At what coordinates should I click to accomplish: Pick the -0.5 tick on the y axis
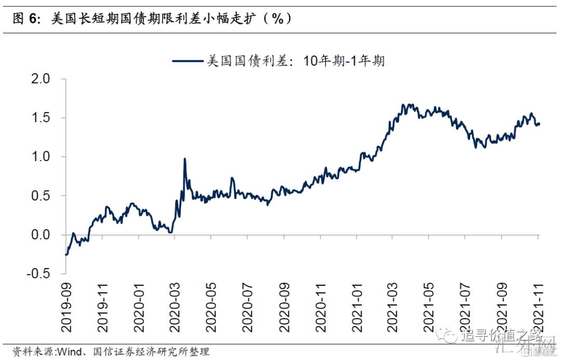pos(37,274)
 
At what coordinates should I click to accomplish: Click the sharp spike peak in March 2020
pos(185,159)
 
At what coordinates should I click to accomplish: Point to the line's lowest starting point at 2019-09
pos(66,255)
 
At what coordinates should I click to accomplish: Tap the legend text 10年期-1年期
pos(343,61)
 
